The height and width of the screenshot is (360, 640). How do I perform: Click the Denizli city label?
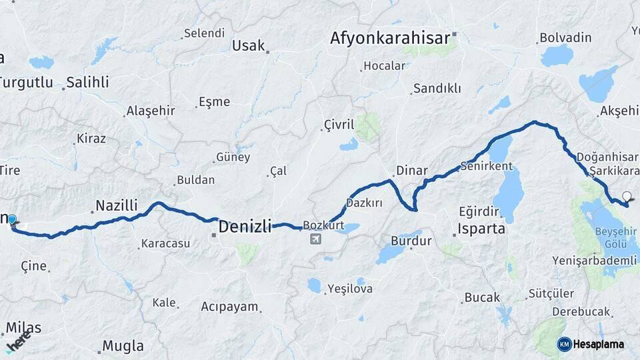point(245,226)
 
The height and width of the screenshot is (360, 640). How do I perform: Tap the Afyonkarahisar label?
point(390,38)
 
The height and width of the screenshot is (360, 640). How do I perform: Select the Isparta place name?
point(481,230)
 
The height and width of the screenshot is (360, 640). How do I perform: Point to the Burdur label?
point(411,241)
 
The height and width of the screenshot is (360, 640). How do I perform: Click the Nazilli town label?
point(116,205)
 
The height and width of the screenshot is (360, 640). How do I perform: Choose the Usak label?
point(248,46)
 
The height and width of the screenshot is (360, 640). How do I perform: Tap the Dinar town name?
point(411,171)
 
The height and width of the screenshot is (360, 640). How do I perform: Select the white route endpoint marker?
point(626,196)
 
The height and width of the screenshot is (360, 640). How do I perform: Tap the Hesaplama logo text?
point(599,345)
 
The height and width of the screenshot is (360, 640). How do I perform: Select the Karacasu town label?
point(166,244)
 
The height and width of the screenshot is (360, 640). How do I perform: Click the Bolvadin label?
point(565,38)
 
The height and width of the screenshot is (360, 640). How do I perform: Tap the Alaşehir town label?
point(150,111)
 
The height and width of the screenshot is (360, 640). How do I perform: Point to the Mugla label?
point(122,346)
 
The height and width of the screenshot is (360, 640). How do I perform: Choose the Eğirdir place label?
point(479,211)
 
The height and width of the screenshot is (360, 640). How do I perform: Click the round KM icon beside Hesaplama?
point(564,344)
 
